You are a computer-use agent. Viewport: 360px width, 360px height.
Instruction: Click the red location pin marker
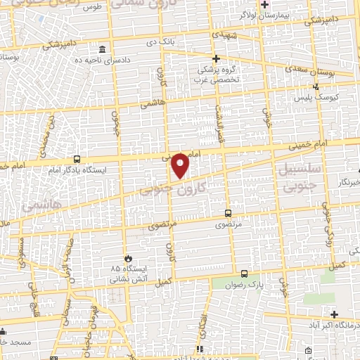181,165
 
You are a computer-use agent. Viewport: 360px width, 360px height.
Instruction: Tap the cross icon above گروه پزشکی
216,58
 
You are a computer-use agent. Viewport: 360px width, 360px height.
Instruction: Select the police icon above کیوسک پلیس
316,86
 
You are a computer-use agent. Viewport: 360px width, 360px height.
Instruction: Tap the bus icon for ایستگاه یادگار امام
76,159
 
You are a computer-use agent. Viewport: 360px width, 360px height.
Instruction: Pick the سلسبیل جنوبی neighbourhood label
300,179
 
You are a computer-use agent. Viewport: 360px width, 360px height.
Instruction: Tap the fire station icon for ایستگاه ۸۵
128,258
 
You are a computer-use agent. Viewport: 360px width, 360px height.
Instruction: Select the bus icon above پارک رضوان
244,274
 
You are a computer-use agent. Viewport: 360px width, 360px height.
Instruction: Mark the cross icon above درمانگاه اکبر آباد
334,314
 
